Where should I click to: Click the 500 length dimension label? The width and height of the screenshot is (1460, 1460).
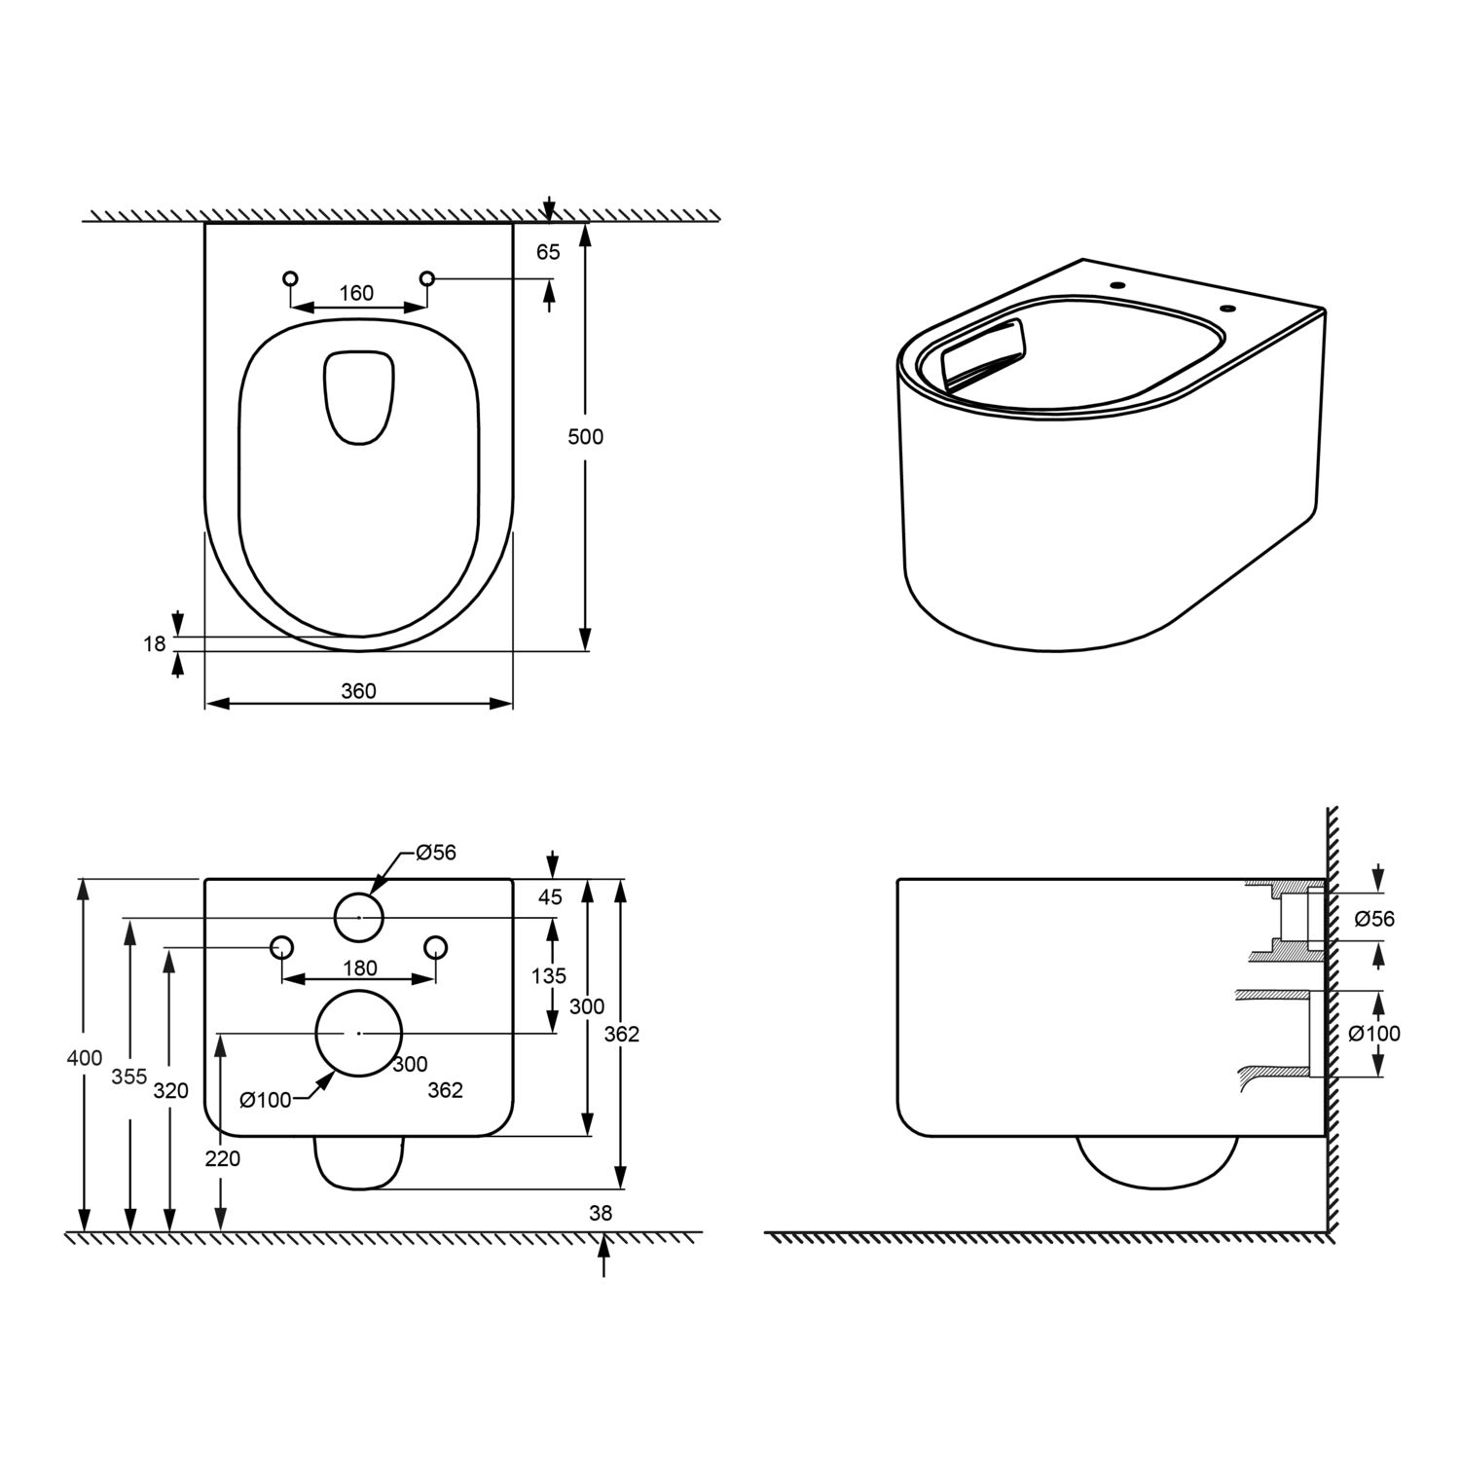click(585, 437)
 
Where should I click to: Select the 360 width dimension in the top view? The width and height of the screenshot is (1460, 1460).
click(358, 691)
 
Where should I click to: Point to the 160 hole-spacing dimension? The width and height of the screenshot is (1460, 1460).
click(356, 293)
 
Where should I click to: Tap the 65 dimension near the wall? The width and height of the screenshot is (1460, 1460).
click(548, 251)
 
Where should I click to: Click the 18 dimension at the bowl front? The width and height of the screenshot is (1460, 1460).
click(155, 643)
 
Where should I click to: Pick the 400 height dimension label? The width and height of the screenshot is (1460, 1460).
click(85, 1058)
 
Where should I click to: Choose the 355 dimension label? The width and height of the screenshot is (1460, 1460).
click(128, 1077)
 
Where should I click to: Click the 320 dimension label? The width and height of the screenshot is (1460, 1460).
click(171, 1091)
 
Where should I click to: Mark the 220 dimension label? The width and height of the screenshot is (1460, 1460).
click(223, 1159)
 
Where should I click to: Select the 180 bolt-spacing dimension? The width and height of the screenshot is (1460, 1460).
click(360, 968)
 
